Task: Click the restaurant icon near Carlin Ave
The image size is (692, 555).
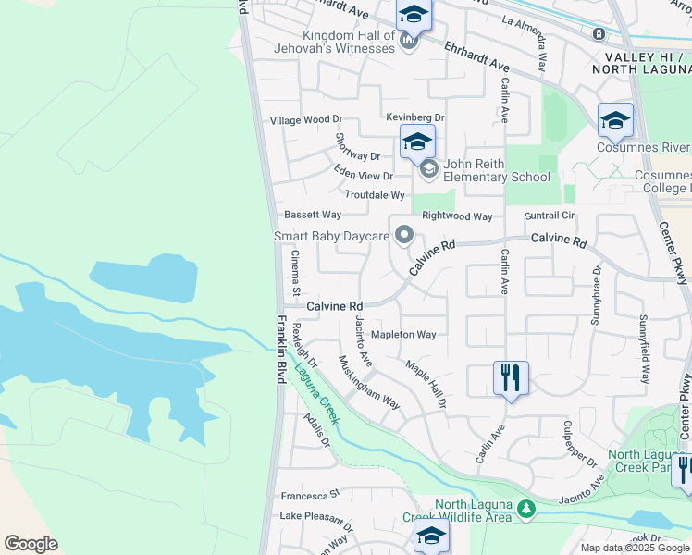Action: coord(511,378)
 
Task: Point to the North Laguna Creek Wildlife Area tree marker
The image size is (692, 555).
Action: coord(525,509)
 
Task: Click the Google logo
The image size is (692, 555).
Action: coord(31,544)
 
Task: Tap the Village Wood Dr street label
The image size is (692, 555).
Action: coord(306,120)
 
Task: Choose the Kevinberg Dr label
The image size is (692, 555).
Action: coord(415,118)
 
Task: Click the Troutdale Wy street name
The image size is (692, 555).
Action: coord(375,195)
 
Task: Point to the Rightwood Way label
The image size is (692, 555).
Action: coord(457,216)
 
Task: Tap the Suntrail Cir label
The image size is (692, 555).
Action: coord(550,216)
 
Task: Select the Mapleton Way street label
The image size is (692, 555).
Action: coord(403,335)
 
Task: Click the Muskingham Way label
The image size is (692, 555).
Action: coord(369,383)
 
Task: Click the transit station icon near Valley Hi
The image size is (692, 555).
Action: coord(599,34)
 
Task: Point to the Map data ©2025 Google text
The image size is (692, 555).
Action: coord(633,548)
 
